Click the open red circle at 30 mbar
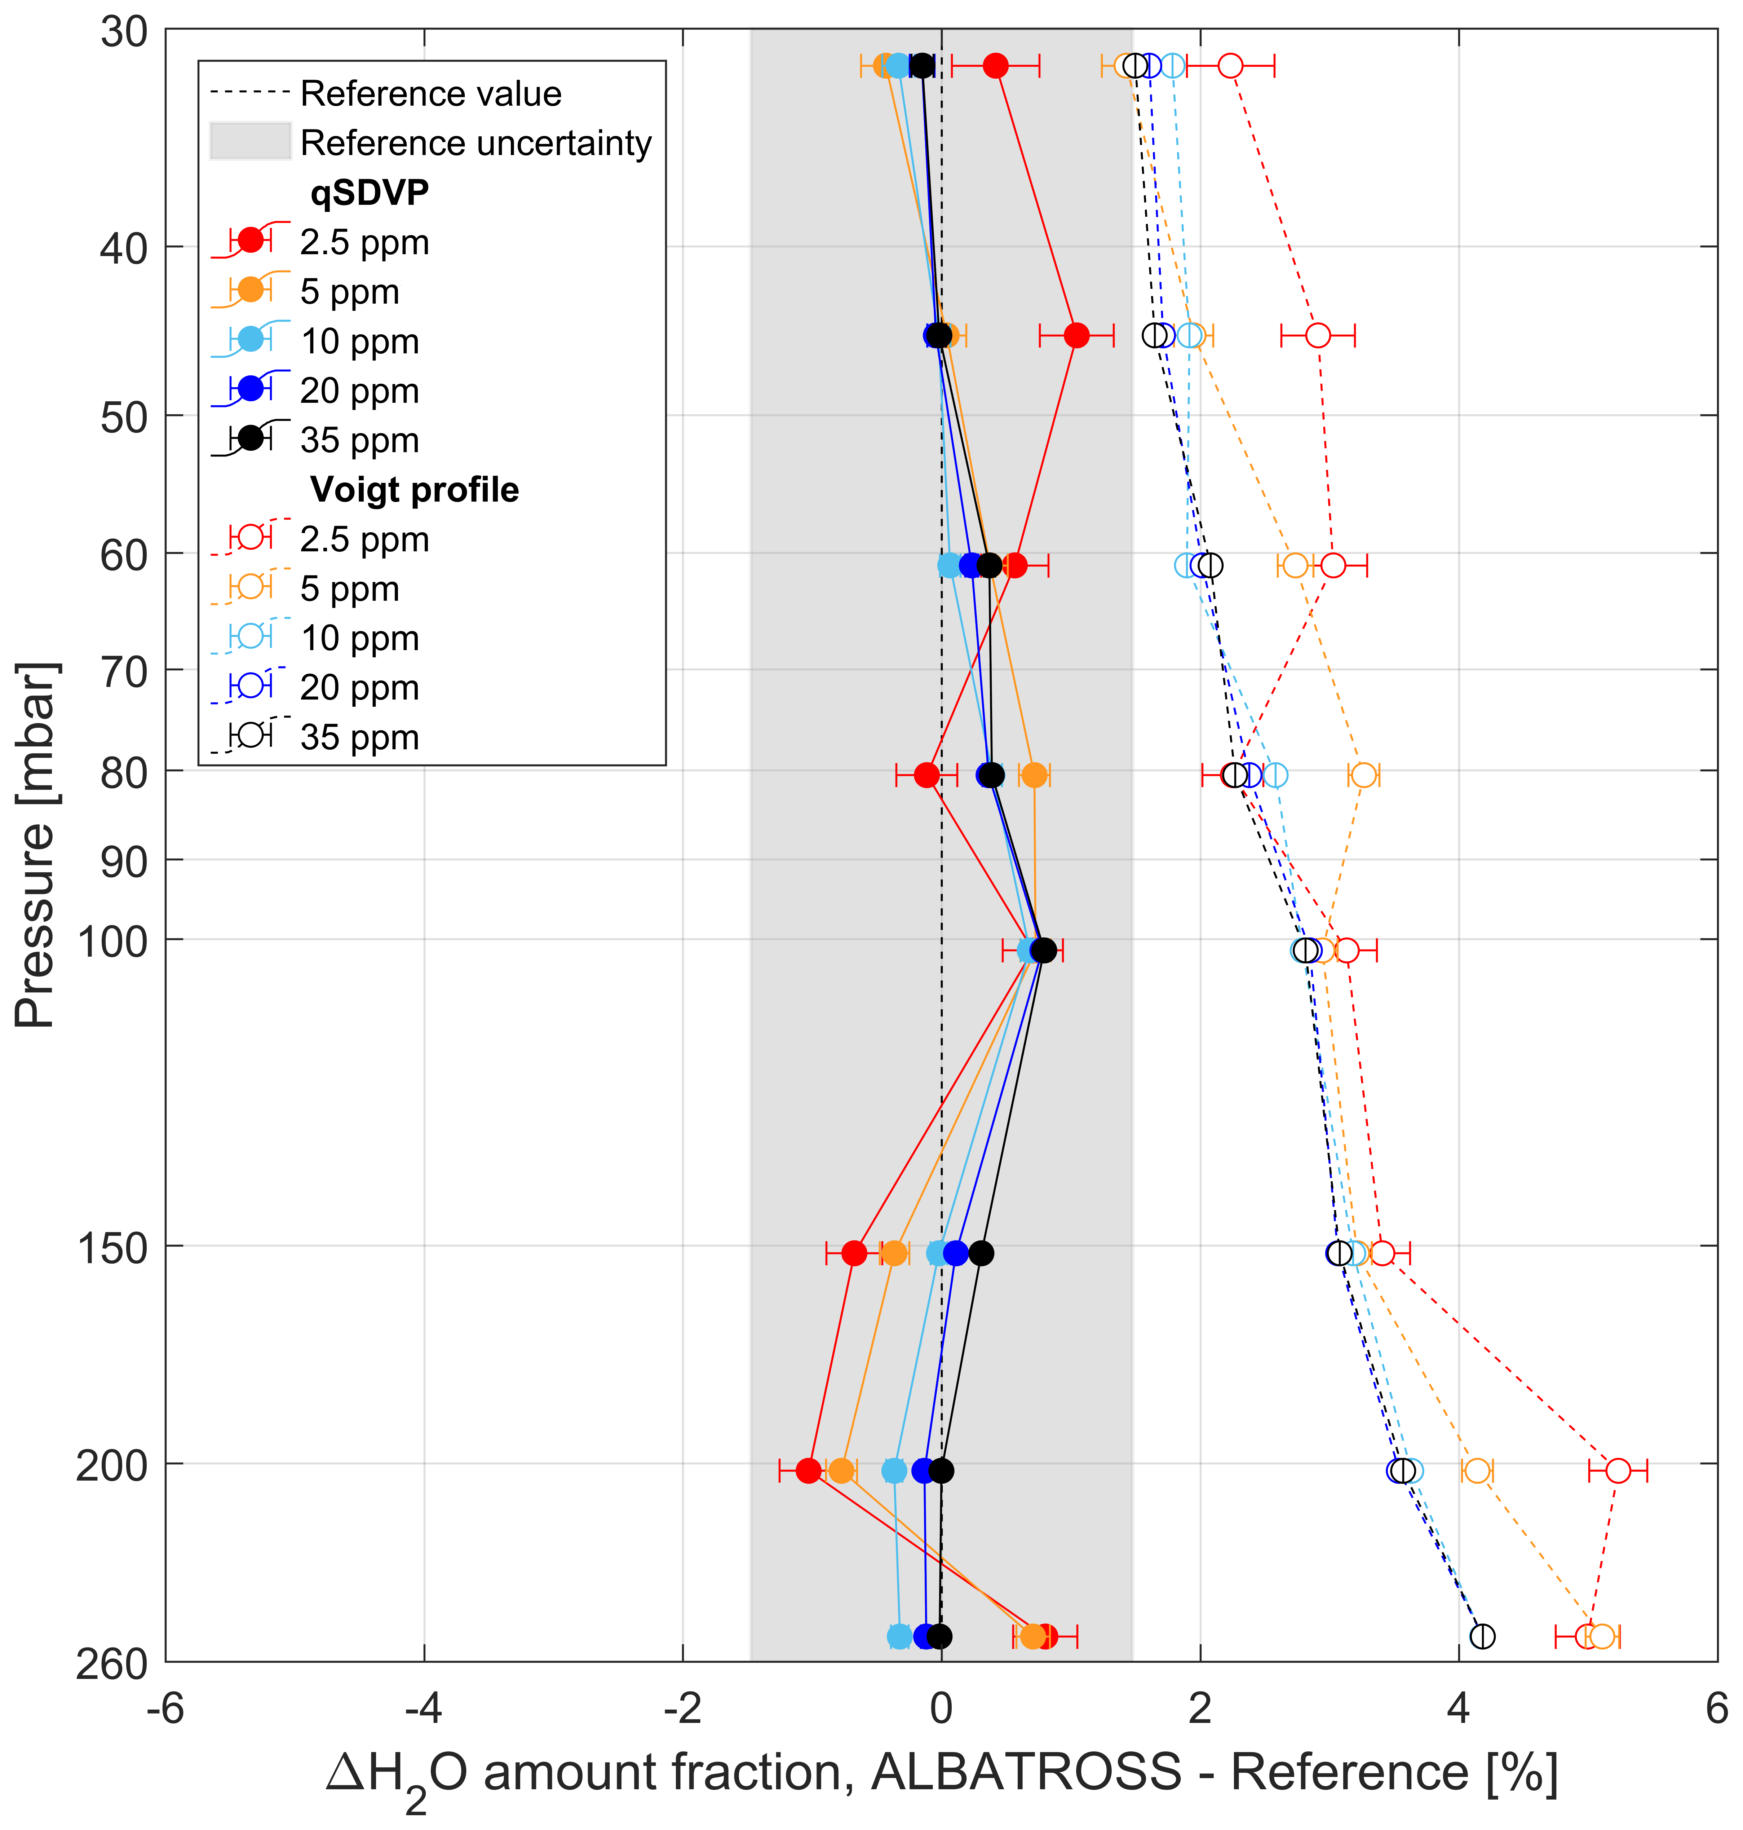[1230, 66]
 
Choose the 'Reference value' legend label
[431, 94]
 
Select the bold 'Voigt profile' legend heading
[414, 490]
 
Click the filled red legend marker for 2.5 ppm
[251, 240]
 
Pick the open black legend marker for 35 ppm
[251, 735]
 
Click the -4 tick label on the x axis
[424, 1708]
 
